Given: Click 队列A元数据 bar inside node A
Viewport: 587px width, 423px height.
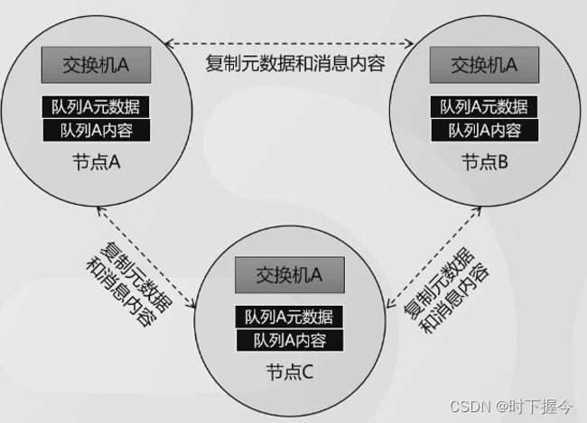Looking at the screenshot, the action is click(95, 106).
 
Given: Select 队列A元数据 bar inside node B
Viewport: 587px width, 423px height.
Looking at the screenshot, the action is click(486, 106).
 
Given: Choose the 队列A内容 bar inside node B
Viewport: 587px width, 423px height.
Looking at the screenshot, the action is click(486, 130).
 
